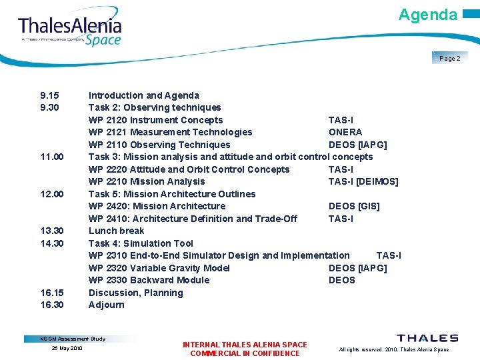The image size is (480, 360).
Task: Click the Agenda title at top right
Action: [x=428, y=15]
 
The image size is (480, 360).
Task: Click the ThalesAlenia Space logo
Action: [x=70, y=30]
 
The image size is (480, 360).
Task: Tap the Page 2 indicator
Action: [x=450, y=58]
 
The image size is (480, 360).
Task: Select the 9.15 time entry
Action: [x=51, y=95]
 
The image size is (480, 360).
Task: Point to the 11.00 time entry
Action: [x=52, y=157]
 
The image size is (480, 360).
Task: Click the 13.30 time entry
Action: [x=52, y=231]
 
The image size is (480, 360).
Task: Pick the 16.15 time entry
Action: [x=52, y=293]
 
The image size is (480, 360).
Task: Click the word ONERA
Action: [x=345, y=132]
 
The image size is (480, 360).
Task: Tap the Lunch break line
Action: [x=117, y=231]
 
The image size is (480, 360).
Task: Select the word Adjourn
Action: [x=107, y=305]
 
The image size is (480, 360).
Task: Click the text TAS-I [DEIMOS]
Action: [x=363, y=181]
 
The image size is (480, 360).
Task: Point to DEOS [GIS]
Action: [x=354, y=206]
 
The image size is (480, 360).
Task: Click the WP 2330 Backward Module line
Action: [x=149, y=280]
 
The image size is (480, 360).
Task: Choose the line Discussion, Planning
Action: [x=135, y=293]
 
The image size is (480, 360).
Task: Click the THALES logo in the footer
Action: [x=427, y=339]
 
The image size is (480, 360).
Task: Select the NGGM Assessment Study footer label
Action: [x=73, y=339]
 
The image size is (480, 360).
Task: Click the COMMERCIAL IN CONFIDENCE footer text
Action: [x=245, y=353]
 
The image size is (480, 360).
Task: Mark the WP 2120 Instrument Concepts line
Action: [x=155, y=120]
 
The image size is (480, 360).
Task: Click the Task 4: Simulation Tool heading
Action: [x=141, y=243]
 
